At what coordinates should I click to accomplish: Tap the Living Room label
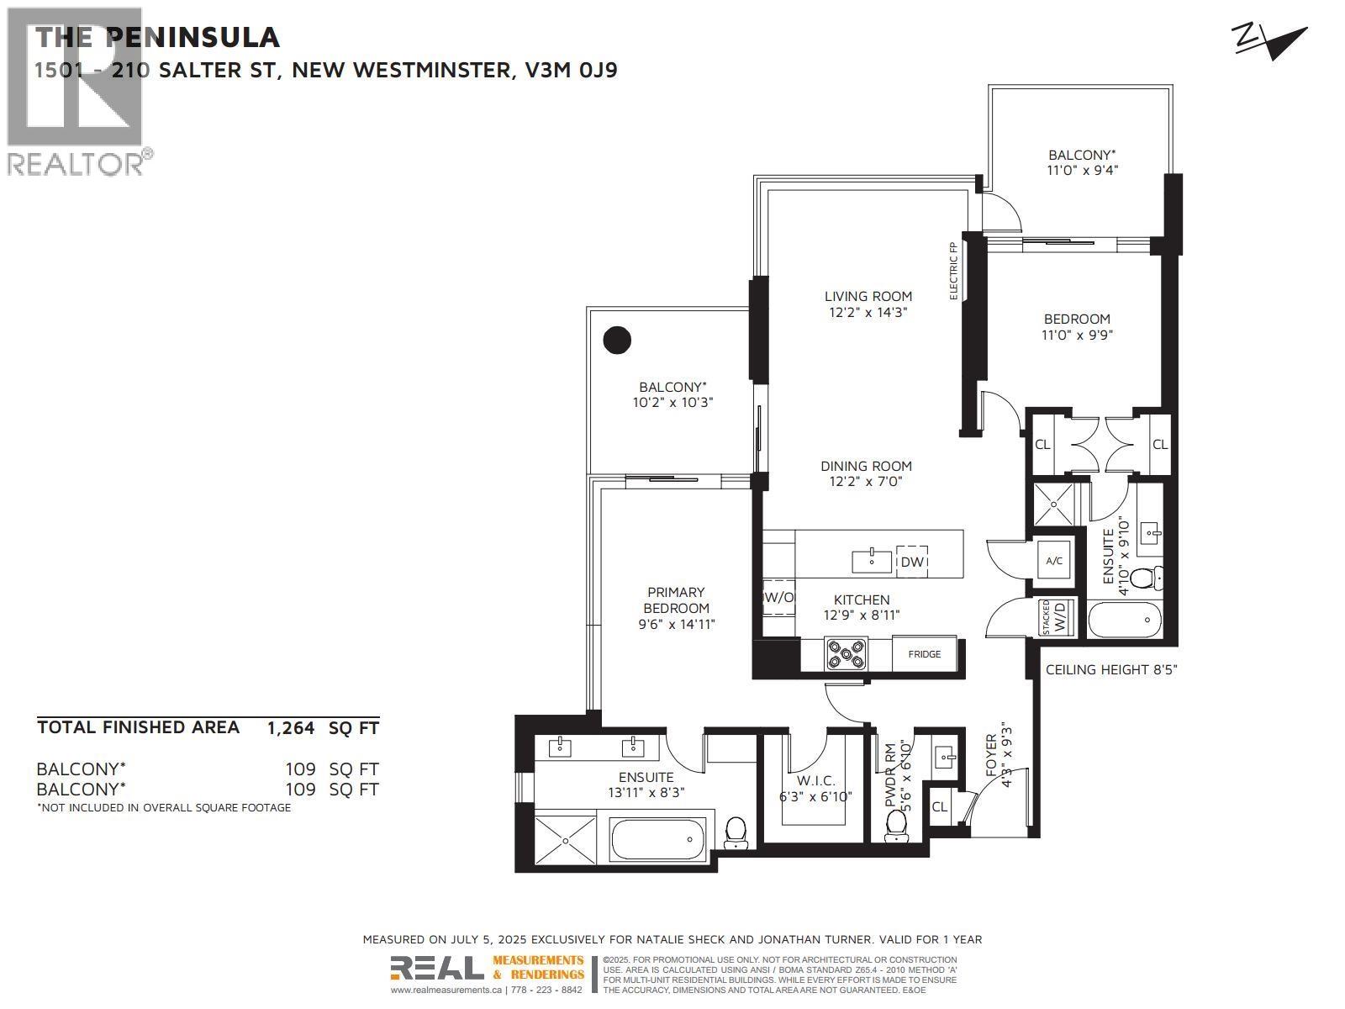[x=868, y=304]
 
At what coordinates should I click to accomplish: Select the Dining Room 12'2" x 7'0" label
[x=866, y=473]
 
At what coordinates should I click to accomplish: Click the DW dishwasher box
[x=912, y=562]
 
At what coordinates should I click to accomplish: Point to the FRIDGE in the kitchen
[x=924, y=654]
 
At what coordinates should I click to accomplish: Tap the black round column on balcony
[x=617, y=340]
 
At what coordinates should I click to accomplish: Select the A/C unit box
[x=1053, y=561]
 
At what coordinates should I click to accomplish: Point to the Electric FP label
[x=953, y=271]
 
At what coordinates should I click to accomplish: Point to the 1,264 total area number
[x=290, y=728]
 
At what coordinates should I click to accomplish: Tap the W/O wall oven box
[x=778, y=597]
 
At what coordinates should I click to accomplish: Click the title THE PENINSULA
[x=157, y=37]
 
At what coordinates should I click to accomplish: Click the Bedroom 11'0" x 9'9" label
[x=1077, y=326]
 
